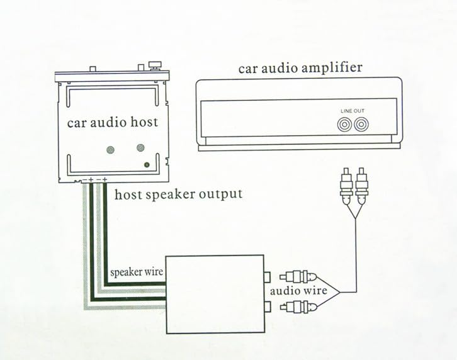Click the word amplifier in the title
pos(332,68)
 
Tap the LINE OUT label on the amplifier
pos(353,111)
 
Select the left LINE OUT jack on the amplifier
pos(344,125)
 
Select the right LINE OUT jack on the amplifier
pos(361,125)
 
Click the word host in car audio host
pos(144,122)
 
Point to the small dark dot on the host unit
pos(147,165)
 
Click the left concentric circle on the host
pos(110,150)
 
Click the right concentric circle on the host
pos(140,148)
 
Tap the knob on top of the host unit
pos(154,65)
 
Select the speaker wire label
pos(137,273)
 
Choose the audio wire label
pos(298,291)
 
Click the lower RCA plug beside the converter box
pos(298,307)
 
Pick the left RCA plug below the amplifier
pos(346,186)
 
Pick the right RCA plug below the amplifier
pos(361,186)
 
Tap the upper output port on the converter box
pos(267,277)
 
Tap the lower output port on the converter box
pos(267,307)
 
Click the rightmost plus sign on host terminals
pos(105,179)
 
